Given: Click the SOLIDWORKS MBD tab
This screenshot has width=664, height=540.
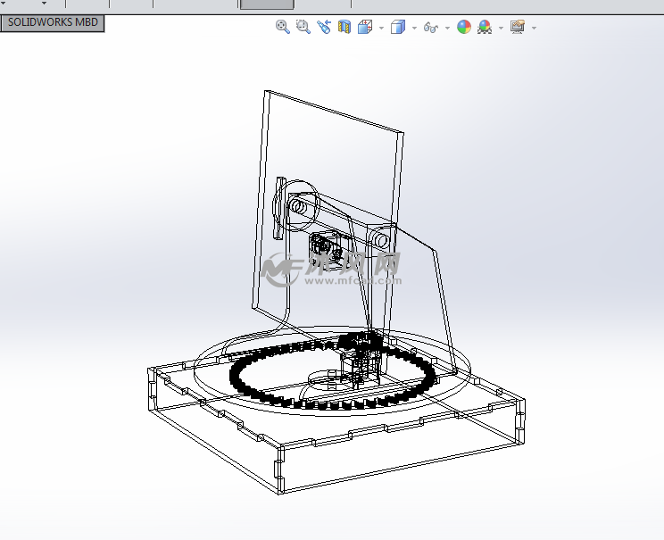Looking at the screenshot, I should pos(53,23).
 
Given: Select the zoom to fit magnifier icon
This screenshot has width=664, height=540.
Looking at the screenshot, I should pos(282,28).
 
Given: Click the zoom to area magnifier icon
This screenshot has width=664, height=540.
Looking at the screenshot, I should pos(303,28).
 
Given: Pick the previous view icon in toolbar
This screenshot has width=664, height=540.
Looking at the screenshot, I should pos(323,28).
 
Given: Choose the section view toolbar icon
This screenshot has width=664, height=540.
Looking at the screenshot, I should pos(344,28).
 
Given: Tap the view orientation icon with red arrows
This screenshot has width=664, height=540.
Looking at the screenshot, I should pos(364,28).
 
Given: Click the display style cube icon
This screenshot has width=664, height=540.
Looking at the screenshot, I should pos(398,28).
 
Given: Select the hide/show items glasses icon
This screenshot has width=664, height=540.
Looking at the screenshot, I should pos(430,28).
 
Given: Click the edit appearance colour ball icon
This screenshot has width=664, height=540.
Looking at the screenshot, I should pos(464,28).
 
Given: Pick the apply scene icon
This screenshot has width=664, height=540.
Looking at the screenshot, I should pos(485,28).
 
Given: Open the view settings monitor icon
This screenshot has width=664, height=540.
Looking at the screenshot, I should pos(518,28).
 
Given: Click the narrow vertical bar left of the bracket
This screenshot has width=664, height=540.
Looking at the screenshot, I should pos(278,208).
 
